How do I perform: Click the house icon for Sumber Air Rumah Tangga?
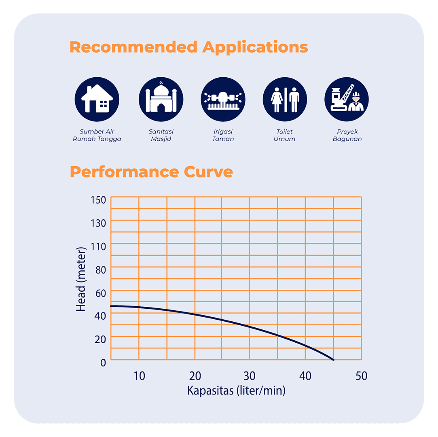(97, 99)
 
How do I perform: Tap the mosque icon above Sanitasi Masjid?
(161, 99)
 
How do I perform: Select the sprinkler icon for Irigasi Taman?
(223, 99)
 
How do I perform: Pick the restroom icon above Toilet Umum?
(285, 99)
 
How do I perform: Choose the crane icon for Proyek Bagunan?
(347, 99)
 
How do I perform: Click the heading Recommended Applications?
(189, 47)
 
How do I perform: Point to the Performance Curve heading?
(151, 172)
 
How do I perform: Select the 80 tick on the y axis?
(100, 269)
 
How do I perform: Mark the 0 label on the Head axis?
(103, 363)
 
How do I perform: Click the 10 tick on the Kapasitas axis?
(139, 376)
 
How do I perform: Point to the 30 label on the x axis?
(250, 376)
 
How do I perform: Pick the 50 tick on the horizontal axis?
(361, 376)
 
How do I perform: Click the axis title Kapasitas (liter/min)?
(236, 391)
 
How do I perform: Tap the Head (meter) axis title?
(81, 279)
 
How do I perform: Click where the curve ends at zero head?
(333, 360)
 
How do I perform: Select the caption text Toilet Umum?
(284, 135)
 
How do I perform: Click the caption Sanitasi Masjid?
(161, 135)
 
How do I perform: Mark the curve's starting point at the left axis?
(112, 306)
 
